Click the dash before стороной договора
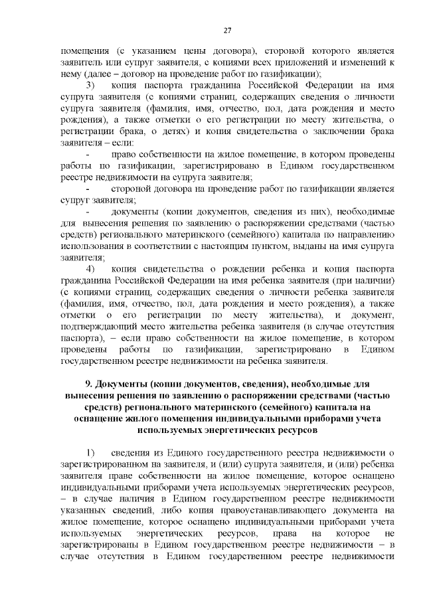coord(88,189)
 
